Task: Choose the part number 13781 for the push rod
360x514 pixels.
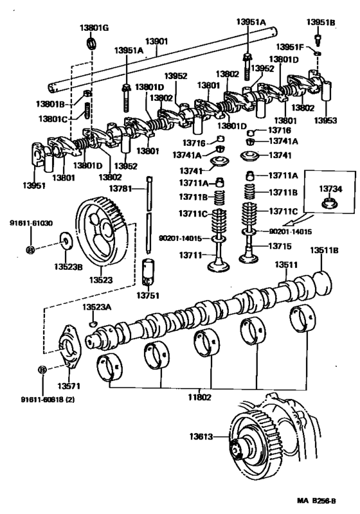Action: click(120, 188)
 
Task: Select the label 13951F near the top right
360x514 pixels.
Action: click(291, 48)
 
